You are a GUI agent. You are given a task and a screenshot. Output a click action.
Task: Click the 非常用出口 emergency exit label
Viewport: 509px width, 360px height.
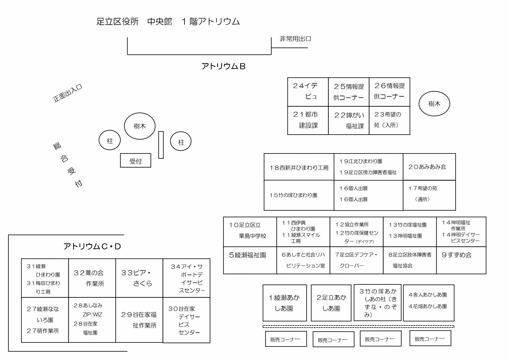click(x=295, y=39)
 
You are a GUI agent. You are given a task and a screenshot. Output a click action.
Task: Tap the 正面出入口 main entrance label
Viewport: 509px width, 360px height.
click(x=68, y=93)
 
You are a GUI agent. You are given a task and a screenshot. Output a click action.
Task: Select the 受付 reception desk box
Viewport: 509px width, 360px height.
click(x=135, y=160)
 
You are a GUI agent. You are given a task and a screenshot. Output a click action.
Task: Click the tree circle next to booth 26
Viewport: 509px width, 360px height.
click(x=434, y=104)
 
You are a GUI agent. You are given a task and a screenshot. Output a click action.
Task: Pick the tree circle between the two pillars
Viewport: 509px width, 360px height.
click(x=140, y=126)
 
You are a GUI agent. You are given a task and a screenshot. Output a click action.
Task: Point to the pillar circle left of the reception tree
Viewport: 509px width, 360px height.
click(x=110, y=141)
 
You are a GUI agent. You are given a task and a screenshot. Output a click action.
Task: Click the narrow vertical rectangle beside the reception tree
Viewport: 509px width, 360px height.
click(x=161, y=145)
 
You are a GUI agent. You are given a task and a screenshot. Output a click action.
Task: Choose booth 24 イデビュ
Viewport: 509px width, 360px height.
click(x=308, y=92)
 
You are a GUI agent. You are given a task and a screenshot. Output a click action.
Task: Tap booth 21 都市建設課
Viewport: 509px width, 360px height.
click(x=308, y=120)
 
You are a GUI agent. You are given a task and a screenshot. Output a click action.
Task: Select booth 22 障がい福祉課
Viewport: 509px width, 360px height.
click(x=349, y=120)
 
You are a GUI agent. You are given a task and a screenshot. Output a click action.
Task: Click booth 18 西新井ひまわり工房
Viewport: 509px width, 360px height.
click(x=299, y=167)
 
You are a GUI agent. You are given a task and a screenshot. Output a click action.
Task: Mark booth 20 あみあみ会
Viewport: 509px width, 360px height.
click(x=429, y=167)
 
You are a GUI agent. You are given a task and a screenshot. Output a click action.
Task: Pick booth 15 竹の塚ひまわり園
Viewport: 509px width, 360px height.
click(x=299, y=195)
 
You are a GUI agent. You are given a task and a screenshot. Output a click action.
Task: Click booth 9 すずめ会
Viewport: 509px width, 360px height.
click(x=461, y=260)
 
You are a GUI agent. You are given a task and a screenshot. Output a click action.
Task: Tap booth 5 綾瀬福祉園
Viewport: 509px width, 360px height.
click(x=250, y=260)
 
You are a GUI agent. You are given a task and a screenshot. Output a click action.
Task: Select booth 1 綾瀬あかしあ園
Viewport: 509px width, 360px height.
click(x=285, y=303)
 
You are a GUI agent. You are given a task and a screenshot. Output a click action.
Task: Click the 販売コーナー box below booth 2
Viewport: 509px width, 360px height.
click(x=333, y=339)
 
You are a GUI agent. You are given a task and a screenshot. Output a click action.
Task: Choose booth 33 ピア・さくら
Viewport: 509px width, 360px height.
click(x=139, y=278)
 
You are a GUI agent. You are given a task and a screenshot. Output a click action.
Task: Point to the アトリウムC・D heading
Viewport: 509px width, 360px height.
click(x=92, y=247)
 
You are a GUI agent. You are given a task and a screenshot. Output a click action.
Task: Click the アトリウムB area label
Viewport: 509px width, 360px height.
click(x=223, y=66)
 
